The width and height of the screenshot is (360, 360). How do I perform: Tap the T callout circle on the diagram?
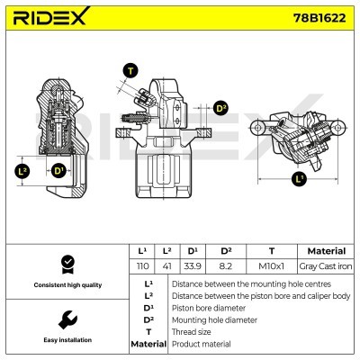point(131,70)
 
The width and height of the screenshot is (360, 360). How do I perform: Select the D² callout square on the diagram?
point(222,108)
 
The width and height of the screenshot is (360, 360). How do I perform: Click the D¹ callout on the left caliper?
point(58,170)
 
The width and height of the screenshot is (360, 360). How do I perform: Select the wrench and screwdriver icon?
point(66,319)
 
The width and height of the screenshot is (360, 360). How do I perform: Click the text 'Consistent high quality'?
point(66,285)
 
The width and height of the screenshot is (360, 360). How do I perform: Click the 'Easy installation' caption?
point(66,340)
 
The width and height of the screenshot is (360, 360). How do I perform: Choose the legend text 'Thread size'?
point(192,332)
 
